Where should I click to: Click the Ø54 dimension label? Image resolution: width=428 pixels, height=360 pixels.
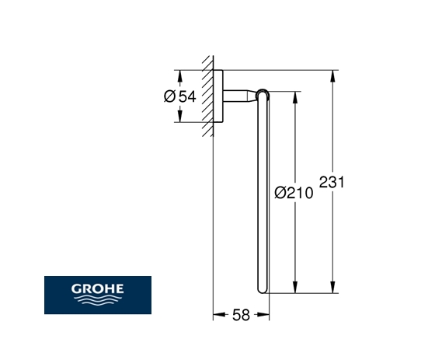180,96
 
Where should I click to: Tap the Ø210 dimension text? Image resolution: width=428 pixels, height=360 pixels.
294,193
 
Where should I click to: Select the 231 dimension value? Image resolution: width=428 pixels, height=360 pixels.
332,182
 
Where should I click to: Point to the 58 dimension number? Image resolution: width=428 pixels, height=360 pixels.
241,315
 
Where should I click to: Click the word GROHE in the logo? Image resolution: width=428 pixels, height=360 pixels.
97,288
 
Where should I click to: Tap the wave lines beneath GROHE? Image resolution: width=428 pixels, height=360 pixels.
97,299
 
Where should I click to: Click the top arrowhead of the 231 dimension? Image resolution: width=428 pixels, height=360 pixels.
332,76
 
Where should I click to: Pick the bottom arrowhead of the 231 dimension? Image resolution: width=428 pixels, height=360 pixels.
332,288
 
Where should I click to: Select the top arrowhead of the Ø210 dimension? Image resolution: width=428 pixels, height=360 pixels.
295,97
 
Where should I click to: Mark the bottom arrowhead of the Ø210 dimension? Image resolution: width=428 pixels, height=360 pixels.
295,288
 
